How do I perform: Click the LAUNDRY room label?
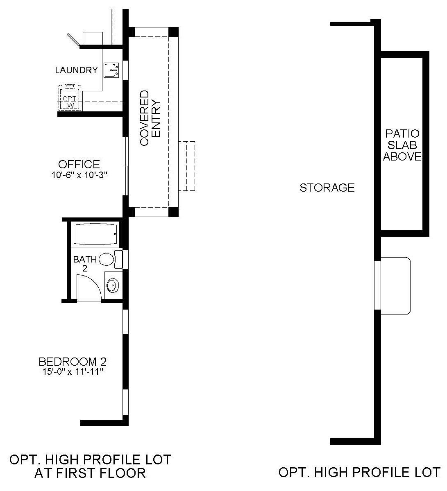tap(77, 70)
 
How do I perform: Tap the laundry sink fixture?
tap(111, 70)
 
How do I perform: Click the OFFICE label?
tap(79, 164)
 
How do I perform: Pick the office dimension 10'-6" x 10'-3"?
tap(79, 175)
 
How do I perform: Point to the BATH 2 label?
tap(85, 264)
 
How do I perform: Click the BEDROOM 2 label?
tap(73, 362)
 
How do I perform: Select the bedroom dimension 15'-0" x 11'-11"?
tap(73, 372)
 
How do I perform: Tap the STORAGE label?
tap(327, 188)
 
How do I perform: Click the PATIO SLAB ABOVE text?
tap(402, 145)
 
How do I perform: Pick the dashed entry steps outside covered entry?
tap(187, 166)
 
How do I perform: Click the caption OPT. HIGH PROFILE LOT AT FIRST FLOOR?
tap(90, 466)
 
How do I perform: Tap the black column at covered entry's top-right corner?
tap(174, 32)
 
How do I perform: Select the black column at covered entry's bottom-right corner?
tap(174, 212)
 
